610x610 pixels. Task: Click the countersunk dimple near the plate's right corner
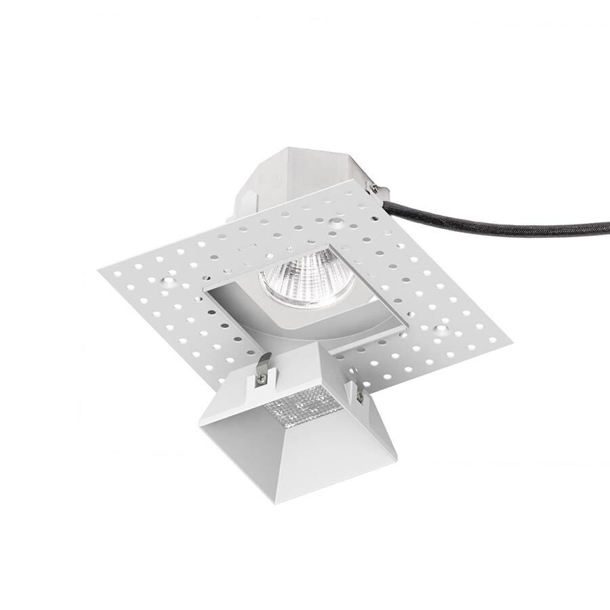pos(441,329)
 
